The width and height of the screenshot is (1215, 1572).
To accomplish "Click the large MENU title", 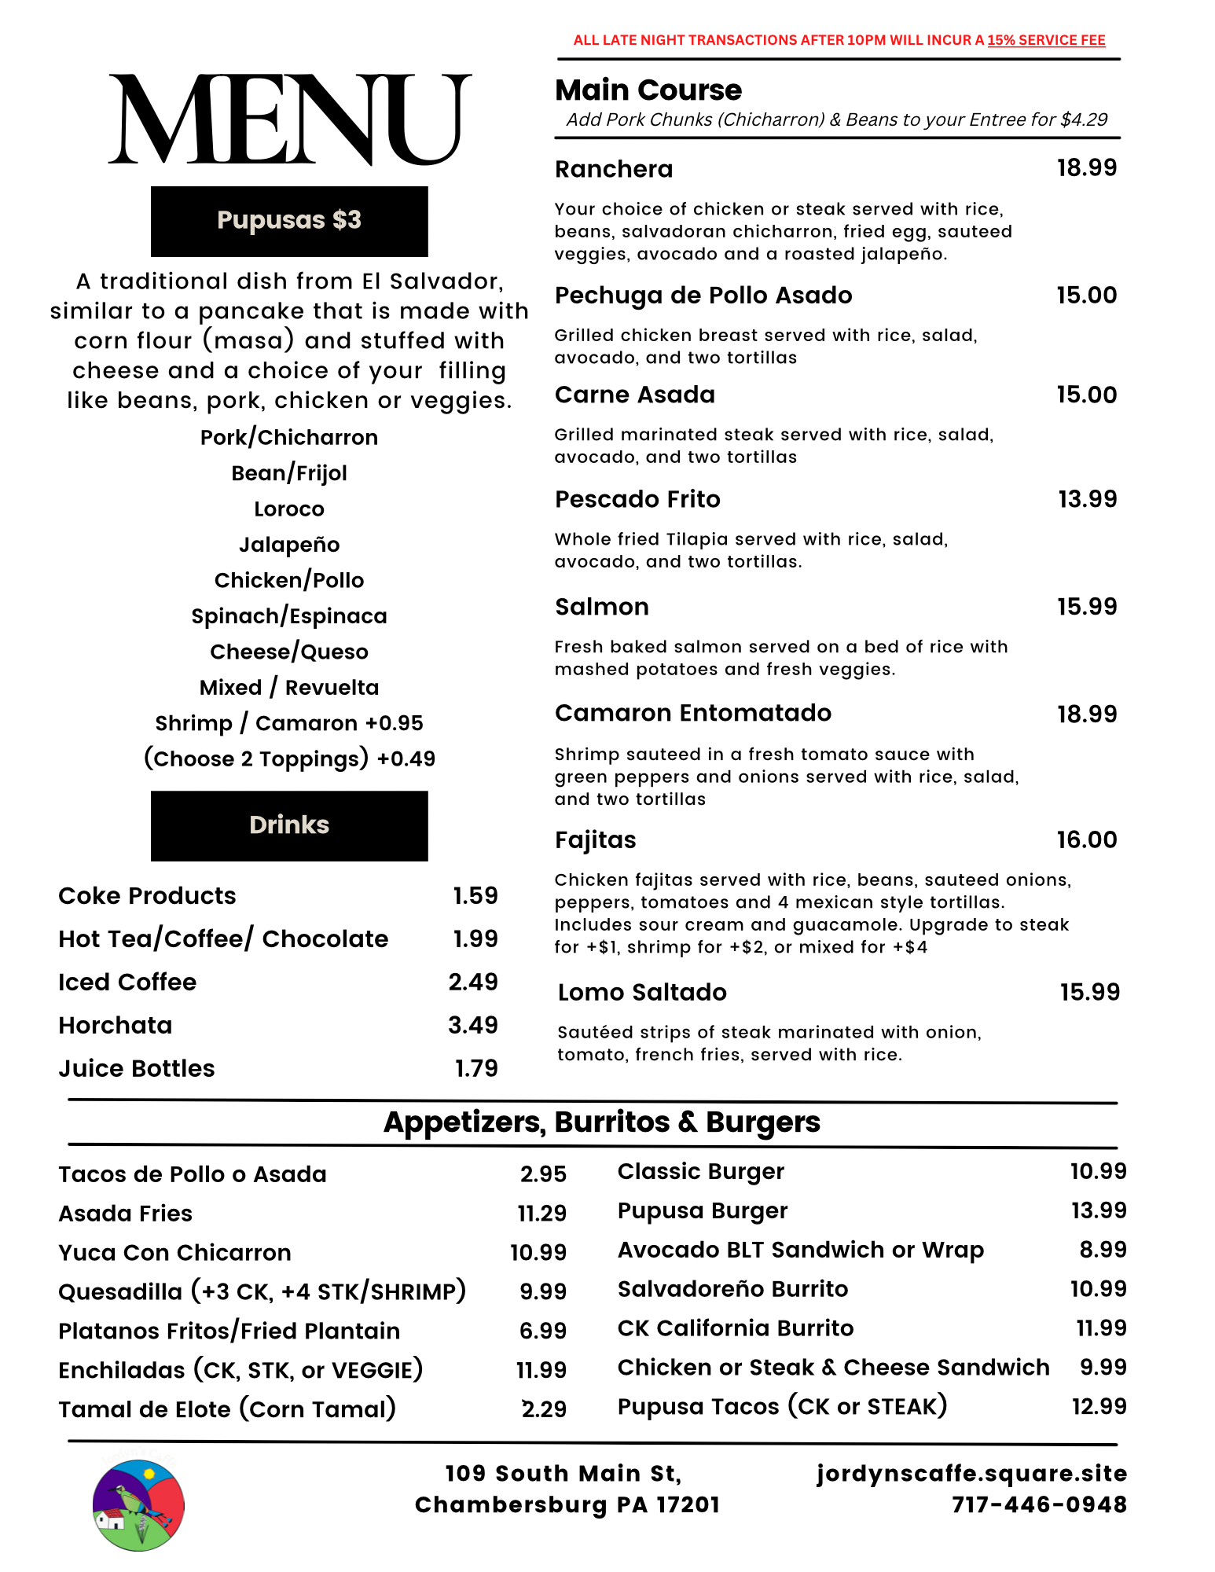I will point(289,119).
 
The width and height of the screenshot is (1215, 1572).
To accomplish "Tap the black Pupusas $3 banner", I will point(289,221).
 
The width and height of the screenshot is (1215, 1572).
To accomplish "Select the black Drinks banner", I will point(289,825).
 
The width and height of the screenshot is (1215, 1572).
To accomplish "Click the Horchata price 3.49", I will point(472,1025).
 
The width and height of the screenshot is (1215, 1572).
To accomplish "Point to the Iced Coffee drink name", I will point(127,982).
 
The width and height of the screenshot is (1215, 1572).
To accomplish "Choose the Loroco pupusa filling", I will point(289,509).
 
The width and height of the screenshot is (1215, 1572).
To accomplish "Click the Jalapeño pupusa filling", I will point(289,545).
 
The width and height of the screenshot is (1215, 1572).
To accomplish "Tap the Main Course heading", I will point(648,90).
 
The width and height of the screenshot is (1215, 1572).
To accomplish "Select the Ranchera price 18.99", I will point(1086,167).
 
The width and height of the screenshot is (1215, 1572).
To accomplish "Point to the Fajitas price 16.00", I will point(1086,839).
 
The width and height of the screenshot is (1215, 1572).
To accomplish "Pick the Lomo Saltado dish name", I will point(642,992).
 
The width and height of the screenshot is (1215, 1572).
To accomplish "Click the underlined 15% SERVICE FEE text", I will point(1046,40).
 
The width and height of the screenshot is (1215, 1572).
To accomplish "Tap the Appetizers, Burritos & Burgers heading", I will point(602,1122).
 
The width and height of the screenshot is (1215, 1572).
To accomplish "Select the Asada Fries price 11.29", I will point(541,1213).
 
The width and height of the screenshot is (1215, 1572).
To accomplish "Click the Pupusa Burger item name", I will point(703,1211).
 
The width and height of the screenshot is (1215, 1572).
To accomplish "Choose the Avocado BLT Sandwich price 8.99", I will point(1103,1249).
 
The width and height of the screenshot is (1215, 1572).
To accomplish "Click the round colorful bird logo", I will point(138,1505).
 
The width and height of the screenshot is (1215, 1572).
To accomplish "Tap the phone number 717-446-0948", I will point(1039,1504).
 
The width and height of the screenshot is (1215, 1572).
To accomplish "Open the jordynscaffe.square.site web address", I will point(971,1473).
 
